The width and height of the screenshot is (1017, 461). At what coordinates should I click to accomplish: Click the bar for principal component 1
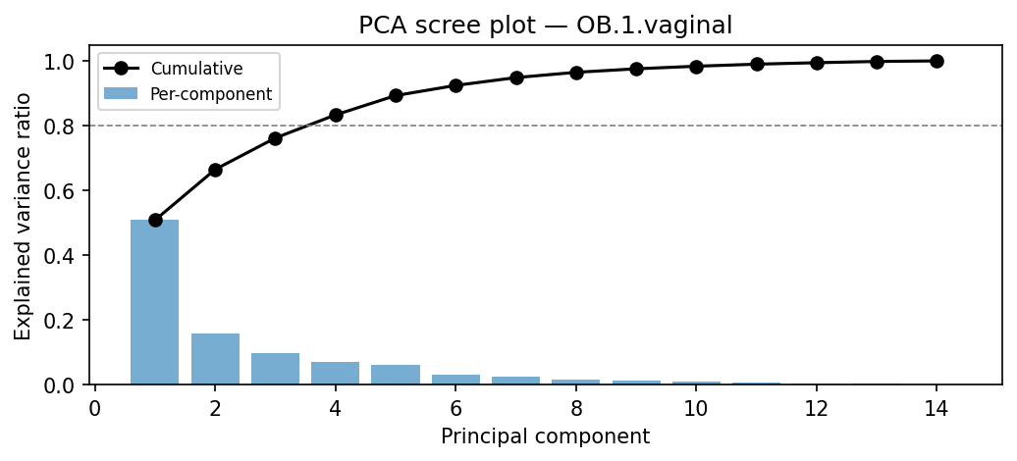click(x=155, y=302)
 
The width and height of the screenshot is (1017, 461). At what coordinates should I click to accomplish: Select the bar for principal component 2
click(x=215, y=359)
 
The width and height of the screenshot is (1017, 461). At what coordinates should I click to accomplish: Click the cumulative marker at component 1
click(x=155, y=220)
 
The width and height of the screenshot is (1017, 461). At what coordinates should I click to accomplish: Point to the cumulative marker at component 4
click(x=336, y=115)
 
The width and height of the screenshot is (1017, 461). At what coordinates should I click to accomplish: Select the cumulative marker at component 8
click(x=576, y=73)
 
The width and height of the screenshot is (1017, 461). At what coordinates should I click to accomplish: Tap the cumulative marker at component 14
click(x=937, y=61)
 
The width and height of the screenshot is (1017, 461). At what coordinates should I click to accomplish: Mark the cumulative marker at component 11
click(x=757, y=64)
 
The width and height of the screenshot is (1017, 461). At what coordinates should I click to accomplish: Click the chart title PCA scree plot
click(x=545, y=26)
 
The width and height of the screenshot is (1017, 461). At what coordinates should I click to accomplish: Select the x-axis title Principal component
click(x=545, y=436)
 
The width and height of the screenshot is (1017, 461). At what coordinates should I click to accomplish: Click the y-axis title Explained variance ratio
click(x=23, y=216)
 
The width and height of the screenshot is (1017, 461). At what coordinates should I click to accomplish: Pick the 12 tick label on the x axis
click(x=817, y=407)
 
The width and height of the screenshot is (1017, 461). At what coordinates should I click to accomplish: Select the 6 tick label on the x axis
click(x=456, y=407)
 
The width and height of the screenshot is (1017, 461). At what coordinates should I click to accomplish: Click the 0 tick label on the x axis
click(x=95, y=407)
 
